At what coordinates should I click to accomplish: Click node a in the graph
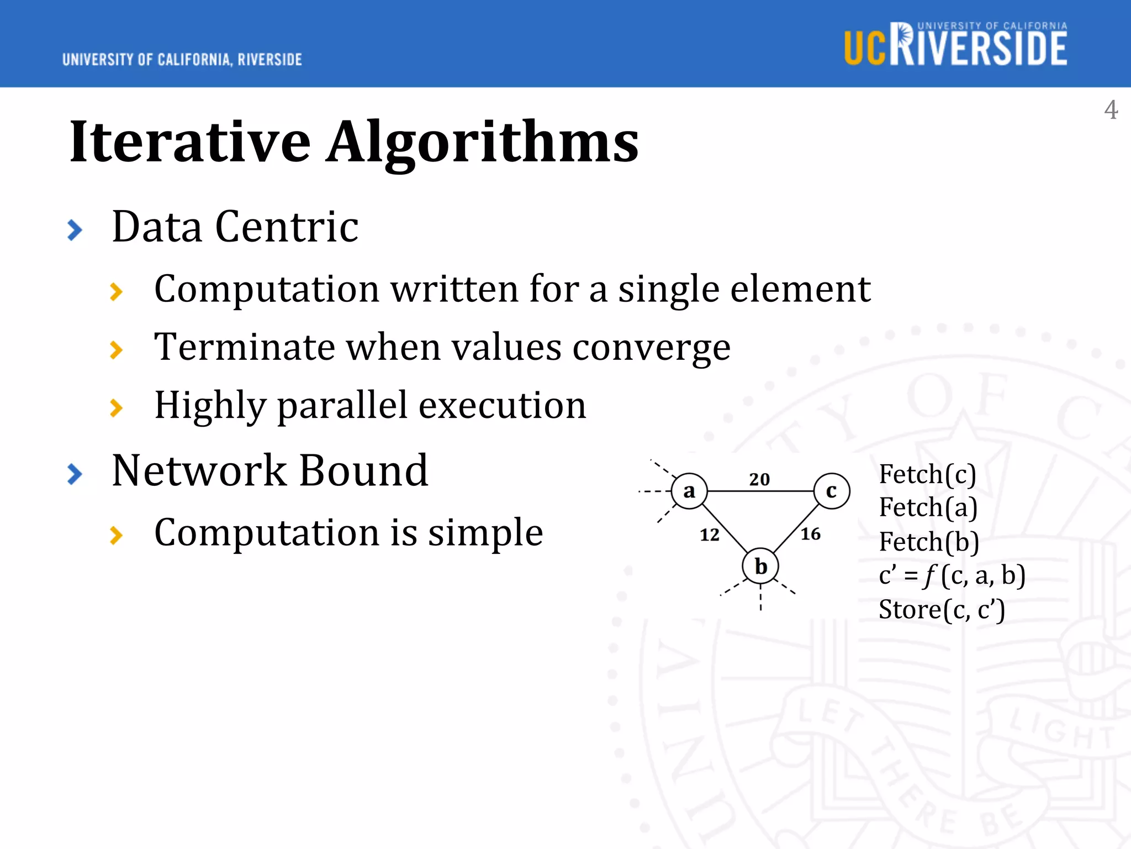click(x=689, y=491)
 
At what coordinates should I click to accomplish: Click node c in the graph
click(x=831, y=491)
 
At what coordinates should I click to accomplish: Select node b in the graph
click(x=760, y=566)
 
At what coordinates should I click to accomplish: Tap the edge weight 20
click(x=759, y=479)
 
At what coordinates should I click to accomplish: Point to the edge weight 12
click(x=710, y=535)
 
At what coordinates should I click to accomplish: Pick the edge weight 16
click(x=811, y=534)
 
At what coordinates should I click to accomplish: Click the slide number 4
click(x=1111, y=110)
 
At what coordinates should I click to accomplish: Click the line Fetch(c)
click(x=927, y=474)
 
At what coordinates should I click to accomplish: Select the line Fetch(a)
click(x=928, y=508)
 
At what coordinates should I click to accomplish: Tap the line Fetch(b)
click(x=929, y=542)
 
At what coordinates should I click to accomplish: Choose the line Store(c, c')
click(x=942, y=610)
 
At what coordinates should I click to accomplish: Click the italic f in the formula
click(x=930, y=576)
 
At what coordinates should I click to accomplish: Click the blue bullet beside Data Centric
click(x=75, y=230)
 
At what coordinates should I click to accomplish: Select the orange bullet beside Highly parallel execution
click(x=116, y=408)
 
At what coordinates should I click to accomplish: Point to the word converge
click(x=651, y=348)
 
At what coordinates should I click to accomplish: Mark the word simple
click(x=485, y=533)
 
